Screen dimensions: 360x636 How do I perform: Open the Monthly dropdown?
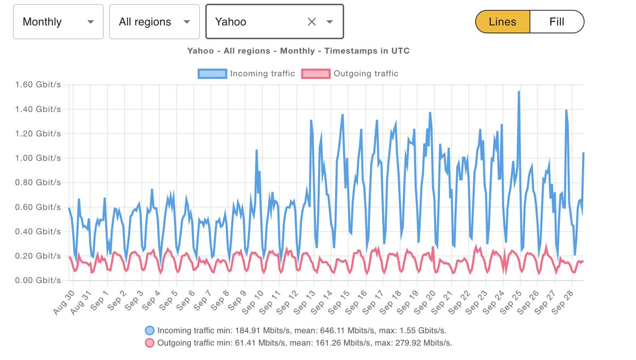tap(58, 22)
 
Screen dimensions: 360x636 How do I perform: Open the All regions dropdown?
tap(154, 22)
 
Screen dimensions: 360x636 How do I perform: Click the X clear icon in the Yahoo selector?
tap(312, 22)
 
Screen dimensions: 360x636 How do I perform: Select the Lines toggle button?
tap(502, 22)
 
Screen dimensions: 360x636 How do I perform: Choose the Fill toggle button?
tap(556, 22)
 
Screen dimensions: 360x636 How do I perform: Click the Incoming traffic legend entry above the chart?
tap(246, 74)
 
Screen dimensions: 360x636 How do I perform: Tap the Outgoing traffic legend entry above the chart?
tap(350, 74)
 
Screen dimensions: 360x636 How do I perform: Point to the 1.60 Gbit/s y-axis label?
tap(38, 84)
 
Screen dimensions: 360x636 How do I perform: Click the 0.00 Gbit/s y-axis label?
tap(38, 280)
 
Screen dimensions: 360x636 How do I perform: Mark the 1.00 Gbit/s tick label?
tap(38, 158)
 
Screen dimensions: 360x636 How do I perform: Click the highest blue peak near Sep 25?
tap(519, 92)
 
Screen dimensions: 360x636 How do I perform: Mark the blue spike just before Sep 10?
tap(257, 151)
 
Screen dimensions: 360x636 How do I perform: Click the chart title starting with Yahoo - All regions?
tap(298, 51)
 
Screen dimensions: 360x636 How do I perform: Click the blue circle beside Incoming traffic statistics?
tap(151, 330)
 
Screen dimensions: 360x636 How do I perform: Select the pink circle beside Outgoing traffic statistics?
tap(151, 343)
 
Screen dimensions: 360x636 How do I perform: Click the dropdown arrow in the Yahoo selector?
tap(330, 22)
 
